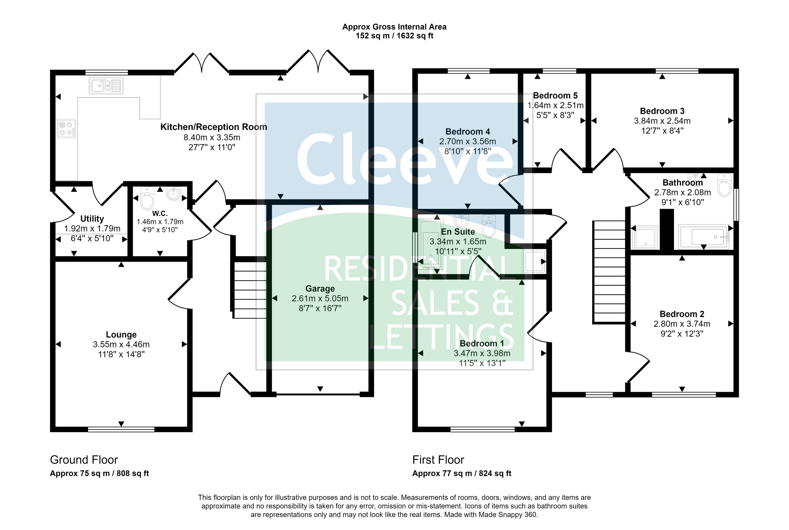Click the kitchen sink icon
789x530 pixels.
[106, 85]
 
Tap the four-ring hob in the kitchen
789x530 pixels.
[67, 128]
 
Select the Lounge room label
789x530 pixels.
[121, 335]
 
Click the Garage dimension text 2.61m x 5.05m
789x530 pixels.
[320, 298]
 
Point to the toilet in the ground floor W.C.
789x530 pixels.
[147, 199]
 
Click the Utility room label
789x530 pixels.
[92, 219]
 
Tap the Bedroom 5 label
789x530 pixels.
[555, 96]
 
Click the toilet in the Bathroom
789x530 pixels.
[724, 186]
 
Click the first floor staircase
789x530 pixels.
[609, 272]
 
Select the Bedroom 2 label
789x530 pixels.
[682, 314]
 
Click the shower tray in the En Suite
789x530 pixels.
[534, 261]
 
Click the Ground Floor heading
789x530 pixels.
[84, 460]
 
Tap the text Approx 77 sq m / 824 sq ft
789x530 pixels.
[462, 474]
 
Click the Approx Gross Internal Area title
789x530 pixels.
[394, 27]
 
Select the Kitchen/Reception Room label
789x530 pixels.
[213, 127]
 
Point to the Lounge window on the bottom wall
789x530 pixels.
[121, 429]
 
